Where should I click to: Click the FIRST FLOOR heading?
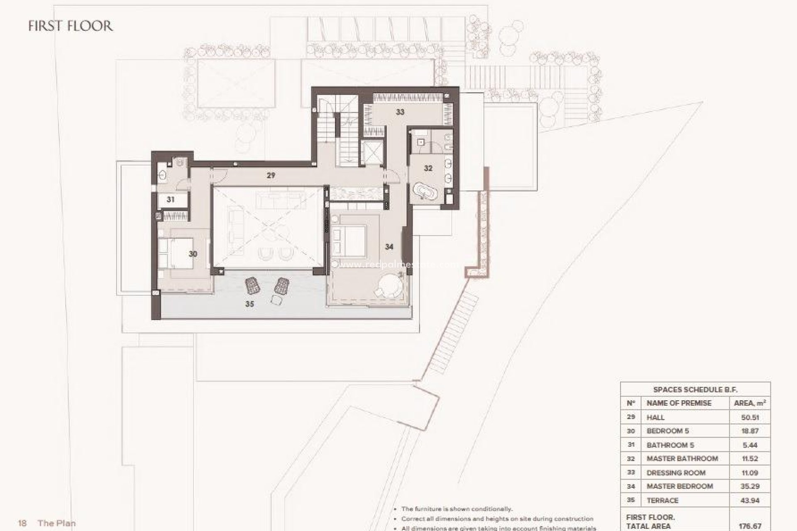coord(71,26)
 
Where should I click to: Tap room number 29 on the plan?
coord(271,175)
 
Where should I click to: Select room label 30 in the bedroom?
coord(193,254)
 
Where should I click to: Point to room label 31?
coord(171,200)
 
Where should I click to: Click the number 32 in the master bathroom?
coord(428,168)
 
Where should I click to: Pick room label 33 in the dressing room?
coord(400,112)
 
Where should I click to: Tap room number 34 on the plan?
coord(389,247)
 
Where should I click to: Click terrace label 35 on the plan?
coord(249,304)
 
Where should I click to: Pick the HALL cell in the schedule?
coord(655,417)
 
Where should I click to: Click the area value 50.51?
coord(750,417)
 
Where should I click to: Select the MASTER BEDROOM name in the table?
coord(680,486)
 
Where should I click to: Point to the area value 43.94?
coord(750,501)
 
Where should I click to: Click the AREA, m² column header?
coord(750,403)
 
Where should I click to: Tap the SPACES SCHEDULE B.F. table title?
coord(695,390)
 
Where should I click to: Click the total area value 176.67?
coord(750,526)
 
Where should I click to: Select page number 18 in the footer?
coord(22,523)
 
